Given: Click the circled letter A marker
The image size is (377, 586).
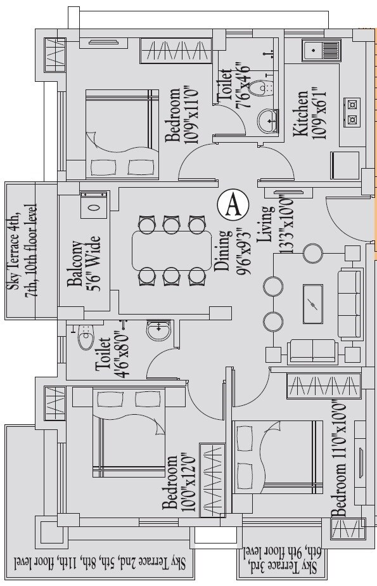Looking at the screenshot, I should point(233,204).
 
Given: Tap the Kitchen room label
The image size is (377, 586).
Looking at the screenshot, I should point(300,114).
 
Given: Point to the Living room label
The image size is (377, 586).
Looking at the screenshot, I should point(267,223).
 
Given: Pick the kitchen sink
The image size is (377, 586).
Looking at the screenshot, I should point(323,49).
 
